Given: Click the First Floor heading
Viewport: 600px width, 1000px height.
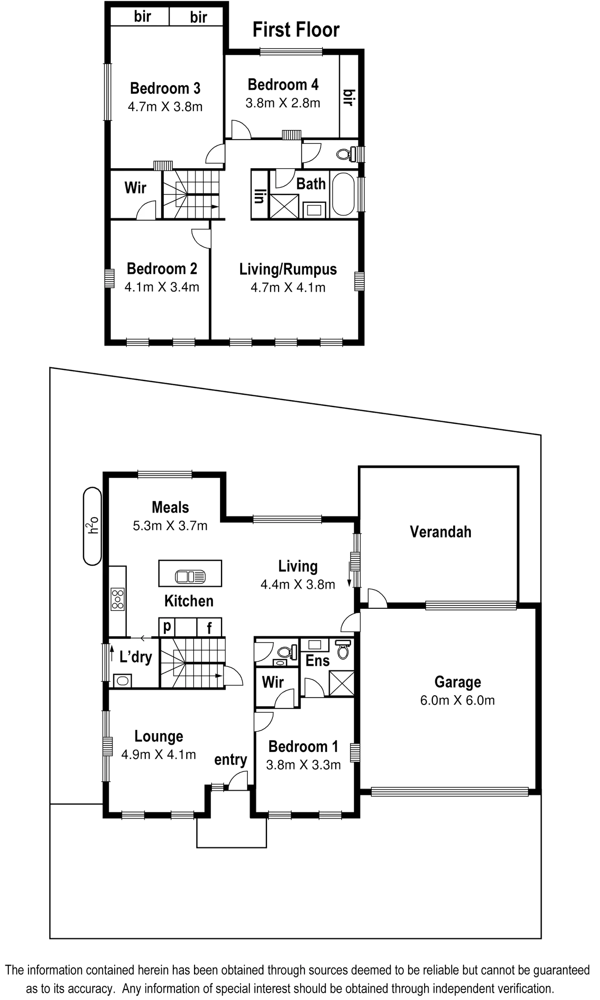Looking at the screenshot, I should coord(296,30).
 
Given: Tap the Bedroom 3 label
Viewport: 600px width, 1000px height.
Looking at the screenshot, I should coord(165,88).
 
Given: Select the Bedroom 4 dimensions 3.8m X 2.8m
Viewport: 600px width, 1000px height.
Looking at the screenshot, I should coord(283,103).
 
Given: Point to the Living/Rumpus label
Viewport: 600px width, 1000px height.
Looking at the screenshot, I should coord(288,269).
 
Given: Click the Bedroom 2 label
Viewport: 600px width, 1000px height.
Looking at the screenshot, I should coord(163,269).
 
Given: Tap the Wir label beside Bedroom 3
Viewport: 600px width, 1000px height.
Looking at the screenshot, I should coord(135,188).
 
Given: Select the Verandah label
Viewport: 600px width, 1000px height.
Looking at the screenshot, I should coord(440,532).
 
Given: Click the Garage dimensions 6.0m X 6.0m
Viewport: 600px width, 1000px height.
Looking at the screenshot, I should coord(457,701).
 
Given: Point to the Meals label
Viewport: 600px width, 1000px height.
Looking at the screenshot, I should coord(170,507).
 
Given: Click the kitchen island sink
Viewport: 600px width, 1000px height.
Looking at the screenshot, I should coord(191,577).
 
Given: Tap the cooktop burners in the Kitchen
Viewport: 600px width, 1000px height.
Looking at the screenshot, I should coord(117,599).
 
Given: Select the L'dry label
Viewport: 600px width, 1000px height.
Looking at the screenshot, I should coord(134,657).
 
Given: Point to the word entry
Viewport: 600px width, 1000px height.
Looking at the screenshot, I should coord(231,760).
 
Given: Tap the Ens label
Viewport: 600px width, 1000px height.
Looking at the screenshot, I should coord(318,660).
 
